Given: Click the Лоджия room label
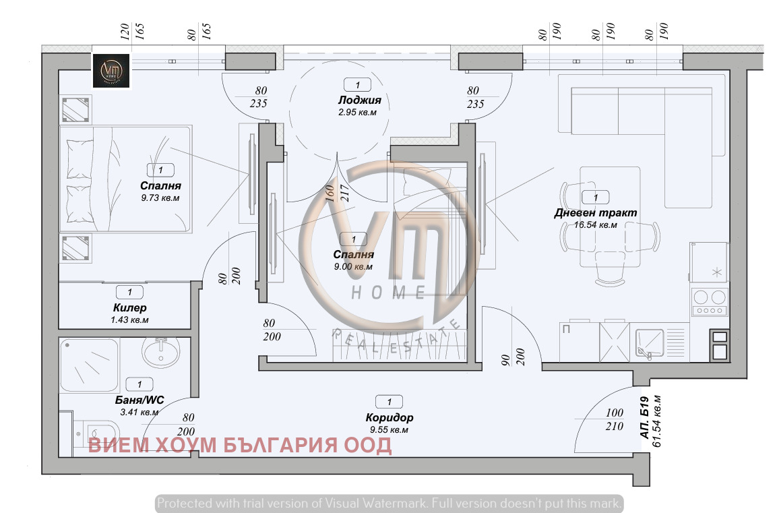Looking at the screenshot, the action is click(360, 100).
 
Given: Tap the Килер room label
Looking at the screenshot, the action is click(129, 307).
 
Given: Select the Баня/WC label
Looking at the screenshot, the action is click(139, 400).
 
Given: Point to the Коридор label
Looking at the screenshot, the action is click(390, 417).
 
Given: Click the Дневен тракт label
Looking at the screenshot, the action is click(596, 213).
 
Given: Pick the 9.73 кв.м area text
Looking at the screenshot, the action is click(160, 198).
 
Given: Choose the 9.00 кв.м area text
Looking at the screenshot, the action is click(353, 266).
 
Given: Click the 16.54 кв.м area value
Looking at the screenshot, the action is click(596, 224).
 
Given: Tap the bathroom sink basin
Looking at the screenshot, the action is click(161, 352).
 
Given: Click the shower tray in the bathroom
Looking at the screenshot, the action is click(90, 365).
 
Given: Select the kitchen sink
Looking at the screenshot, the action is click(650, 344).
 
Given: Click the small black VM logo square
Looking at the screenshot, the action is click(111, 71).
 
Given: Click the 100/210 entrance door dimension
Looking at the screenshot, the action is click(614, 419).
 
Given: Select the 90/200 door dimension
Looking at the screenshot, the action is click(513, 357).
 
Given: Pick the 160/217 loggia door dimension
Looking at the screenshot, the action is click(337, 193).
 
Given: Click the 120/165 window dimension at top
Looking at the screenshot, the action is click(131, 31).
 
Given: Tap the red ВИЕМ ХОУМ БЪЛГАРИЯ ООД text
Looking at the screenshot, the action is click(240, 445).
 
